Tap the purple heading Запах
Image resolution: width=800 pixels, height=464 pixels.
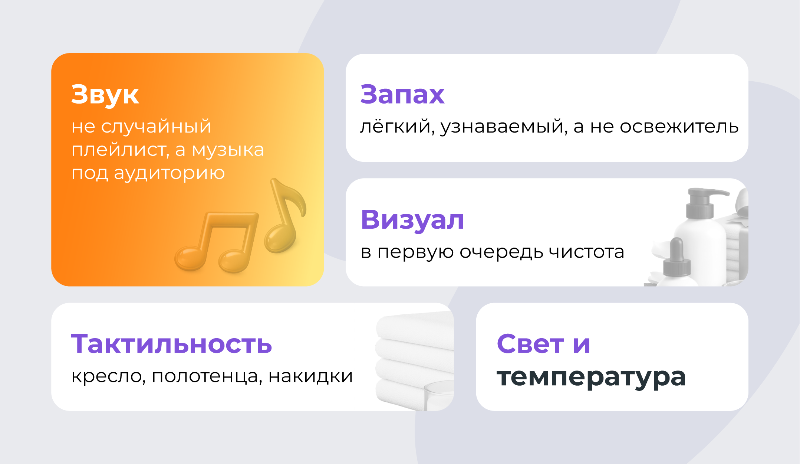[x=402, y=94]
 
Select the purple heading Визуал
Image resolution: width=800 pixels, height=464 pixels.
[x=412, y=220]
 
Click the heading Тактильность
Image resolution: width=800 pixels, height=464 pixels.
[x=172, y=344]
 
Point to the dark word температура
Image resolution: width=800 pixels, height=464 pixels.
[x=591, y=378]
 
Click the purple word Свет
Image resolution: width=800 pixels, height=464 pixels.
[x=530, y=344]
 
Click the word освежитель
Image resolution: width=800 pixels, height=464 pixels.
[x=679, y=127]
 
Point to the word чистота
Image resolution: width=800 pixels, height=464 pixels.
[x=586, y=252]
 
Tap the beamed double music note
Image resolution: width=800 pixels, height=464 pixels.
[x=217, y=242]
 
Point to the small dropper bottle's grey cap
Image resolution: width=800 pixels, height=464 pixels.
[x=677, y=258]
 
